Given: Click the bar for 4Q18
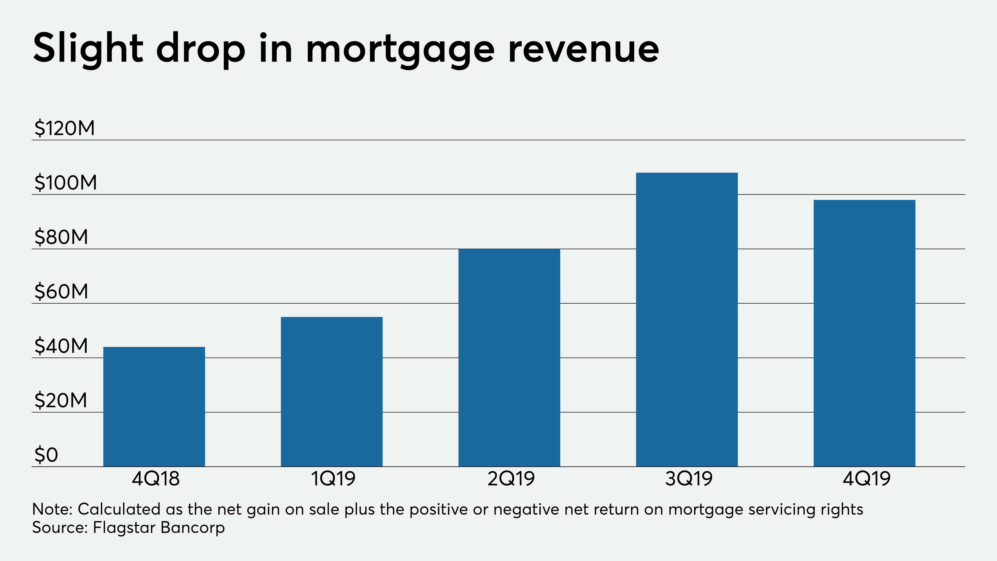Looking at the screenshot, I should click(x=154, y=407).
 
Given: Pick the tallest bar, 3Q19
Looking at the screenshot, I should click(x=687, y=319).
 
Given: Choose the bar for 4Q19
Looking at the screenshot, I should click(x=864, y=333).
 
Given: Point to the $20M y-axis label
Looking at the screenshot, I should click(x=61, y=400).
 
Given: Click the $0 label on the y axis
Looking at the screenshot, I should click(x=46, y=455).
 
